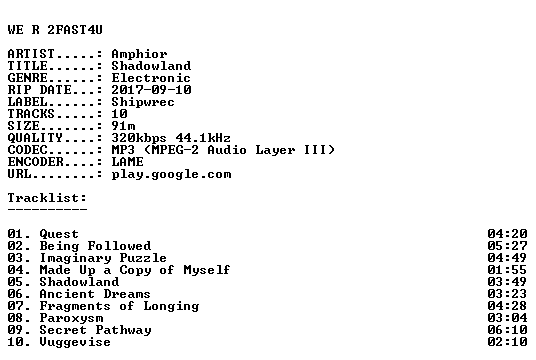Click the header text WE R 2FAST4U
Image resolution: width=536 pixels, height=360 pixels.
coord(55,30)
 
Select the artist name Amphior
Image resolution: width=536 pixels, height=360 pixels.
coord(139,54)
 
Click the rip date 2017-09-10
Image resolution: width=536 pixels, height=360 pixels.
coord(151,90)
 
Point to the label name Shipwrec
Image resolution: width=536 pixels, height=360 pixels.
coord(143,102)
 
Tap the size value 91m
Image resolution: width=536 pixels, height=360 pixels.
coord(123,126)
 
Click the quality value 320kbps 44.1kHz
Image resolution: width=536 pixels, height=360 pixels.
coord(171,138)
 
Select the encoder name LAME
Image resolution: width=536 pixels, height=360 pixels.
coord(127,162)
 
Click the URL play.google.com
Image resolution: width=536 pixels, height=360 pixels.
coord(171,174)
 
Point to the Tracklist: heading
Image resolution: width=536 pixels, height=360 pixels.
coord(47,198)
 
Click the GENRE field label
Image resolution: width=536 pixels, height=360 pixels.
coord(27,78)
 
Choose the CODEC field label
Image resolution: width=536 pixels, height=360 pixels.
coord(27,150)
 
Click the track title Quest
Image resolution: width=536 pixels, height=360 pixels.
coord(59,234)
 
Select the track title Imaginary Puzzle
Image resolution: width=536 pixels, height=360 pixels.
coord(103,258)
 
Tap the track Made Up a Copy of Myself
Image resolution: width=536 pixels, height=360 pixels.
coord(135,270)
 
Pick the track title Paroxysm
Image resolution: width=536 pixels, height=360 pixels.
coord(71,318)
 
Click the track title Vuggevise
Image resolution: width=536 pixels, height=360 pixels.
coord(75,342)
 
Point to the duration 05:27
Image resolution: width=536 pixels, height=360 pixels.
coord(507,246)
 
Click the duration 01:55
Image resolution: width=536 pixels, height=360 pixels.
coord(507,270)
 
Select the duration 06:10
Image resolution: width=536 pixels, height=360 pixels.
coord(507,330)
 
